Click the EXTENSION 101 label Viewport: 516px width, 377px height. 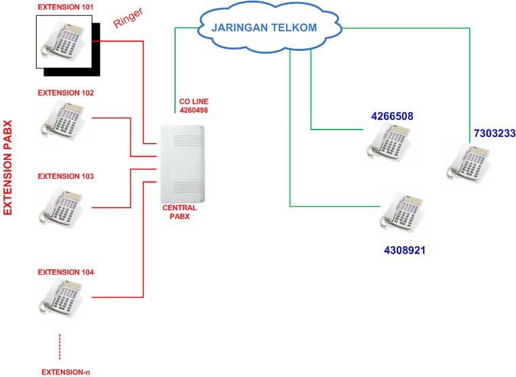(x=65, y=7)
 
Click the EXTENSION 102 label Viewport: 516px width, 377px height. (x=65, y=93)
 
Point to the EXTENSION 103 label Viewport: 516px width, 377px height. (x=65, y=176)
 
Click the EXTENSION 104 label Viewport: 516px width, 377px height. (x=65, y=272)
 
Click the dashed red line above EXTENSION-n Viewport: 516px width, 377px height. (x=60, y=346)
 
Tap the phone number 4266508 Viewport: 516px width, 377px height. (x=392, y=117)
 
